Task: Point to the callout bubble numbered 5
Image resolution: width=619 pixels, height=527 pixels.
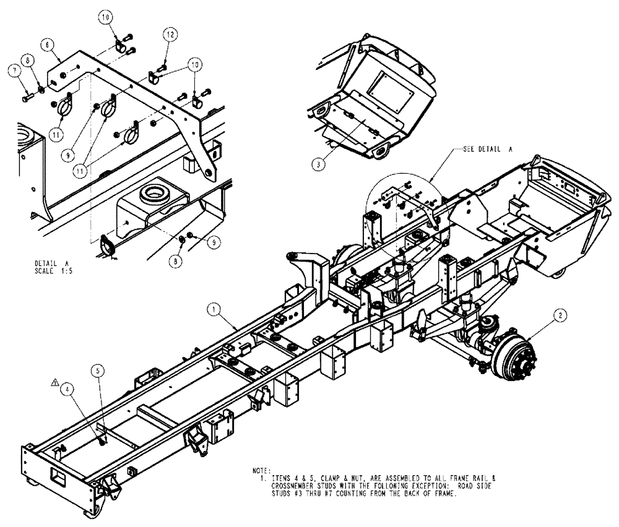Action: [97, 371]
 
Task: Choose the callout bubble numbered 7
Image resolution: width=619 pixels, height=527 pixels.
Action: [13, 72]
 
